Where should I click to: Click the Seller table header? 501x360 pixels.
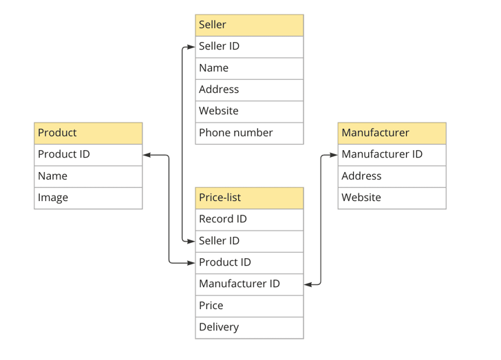coord(249,25)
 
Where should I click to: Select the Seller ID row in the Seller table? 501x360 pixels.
coord(249,47)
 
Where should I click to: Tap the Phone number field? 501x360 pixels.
coord(249,133)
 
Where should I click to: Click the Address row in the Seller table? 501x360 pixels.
coord(249,89)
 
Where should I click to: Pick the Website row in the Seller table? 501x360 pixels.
coord(249,111)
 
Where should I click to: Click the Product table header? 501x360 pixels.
coord(88,133)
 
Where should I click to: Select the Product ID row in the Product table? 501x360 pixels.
coord(88,154)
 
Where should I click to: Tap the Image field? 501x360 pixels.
coord(88,198)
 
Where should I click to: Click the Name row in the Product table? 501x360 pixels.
coord(88,176)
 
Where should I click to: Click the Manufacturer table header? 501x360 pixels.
coord(392,133)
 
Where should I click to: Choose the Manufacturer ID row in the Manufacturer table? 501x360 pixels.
coord(392,154)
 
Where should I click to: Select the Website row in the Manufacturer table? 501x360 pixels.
coord(392,198)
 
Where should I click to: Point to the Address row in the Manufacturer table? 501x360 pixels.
coord(392,176)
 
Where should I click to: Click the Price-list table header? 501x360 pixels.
coord(249,198)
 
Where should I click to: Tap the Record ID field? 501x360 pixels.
coord(249,220)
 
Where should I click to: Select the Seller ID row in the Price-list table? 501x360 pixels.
coord(249,241)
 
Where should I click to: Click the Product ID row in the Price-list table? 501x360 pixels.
coord(249,262)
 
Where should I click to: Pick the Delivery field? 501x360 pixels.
coord(249,328)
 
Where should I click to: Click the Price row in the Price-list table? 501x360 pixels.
coord(249,306)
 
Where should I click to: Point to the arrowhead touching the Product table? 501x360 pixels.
coord(147,155)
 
